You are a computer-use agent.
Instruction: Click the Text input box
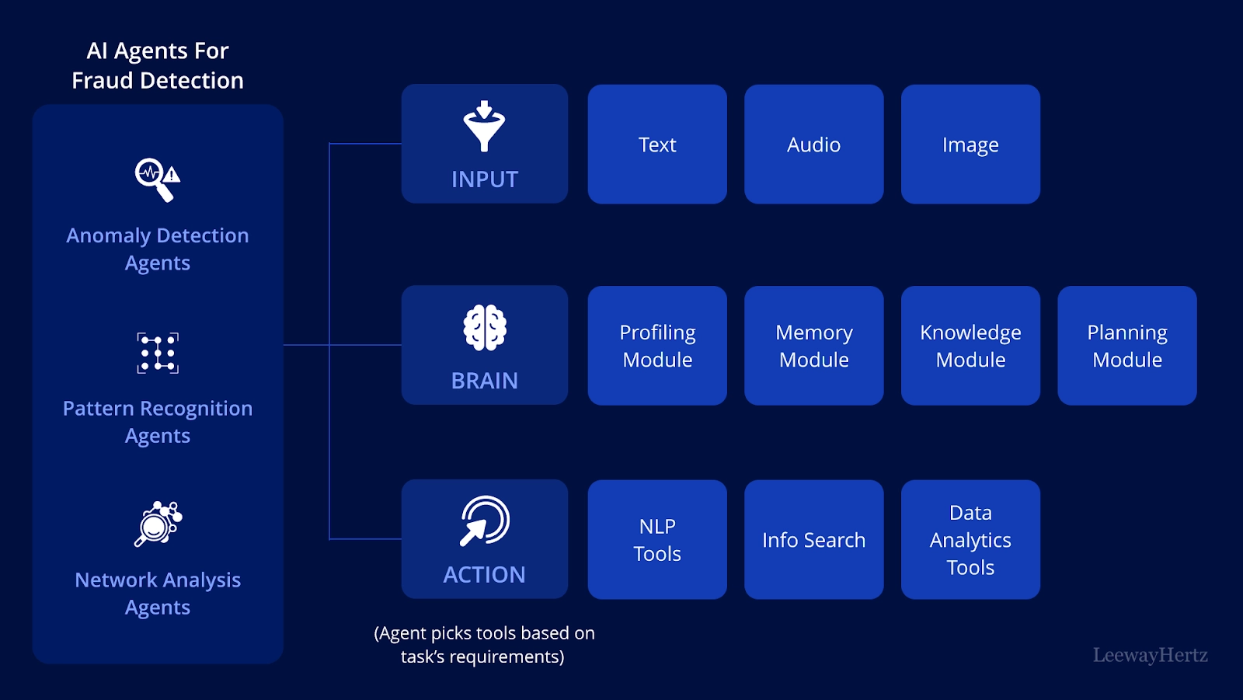(x=657, y=145)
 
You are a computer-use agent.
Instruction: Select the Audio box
(x=813, y=145)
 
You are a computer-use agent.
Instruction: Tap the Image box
(x=970, y=145)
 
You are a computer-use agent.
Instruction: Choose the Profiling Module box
(x=657, y=345)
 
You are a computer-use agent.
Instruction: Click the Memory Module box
(x=813, y=345)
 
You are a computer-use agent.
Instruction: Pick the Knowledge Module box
(x=970, y=345)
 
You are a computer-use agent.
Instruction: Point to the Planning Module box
(x=1127, y=345)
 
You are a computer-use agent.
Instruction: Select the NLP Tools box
(x=657, y=540)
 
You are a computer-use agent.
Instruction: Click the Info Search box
(x=813, y=540)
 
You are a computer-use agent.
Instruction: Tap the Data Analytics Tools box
(x=970, y=540)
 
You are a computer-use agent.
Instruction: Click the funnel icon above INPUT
(x=485, y=126)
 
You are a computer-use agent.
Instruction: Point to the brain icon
(x=485, y=328)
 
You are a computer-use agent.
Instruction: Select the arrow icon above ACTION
(x=485, y=521)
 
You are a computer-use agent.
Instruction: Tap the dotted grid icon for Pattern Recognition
(x=158, y=353)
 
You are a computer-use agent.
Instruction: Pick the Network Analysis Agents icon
(x=158, y=524)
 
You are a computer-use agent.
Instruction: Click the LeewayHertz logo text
(x=1151, y=655)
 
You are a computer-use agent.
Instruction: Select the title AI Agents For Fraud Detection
(x=158, y=65)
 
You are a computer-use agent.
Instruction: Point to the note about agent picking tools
(x=484, y=645)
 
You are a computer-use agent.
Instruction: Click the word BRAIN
(x=485, y=381)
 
